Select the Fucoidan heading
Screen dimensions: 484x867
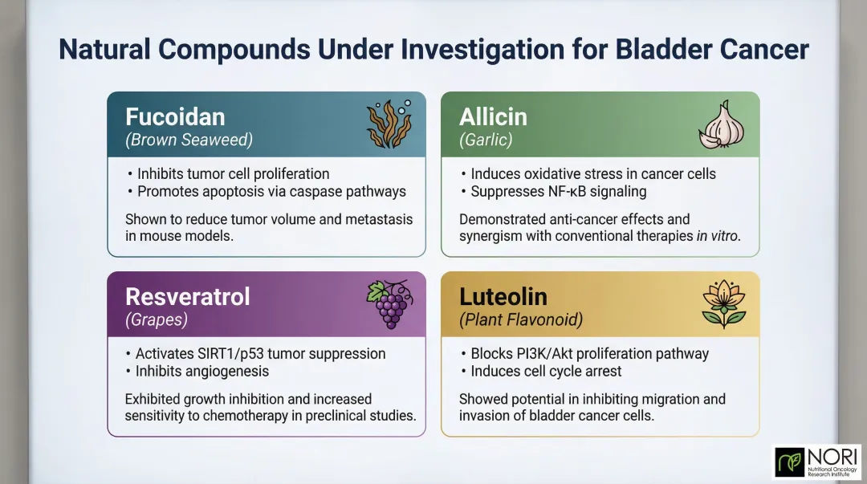point(175,116)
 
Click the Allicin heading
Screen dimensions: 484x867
point(493,116)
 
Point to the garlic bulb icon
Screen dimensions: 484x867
point(722,125)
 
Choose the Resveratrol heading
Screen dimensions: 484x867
point(187,296)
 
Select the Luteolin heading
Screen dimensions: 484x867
point(503,296)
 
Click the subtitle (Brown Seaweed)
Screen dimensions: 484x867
point(189,140)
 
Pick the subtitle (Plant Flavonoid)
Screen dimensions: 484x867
point(521,319)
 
